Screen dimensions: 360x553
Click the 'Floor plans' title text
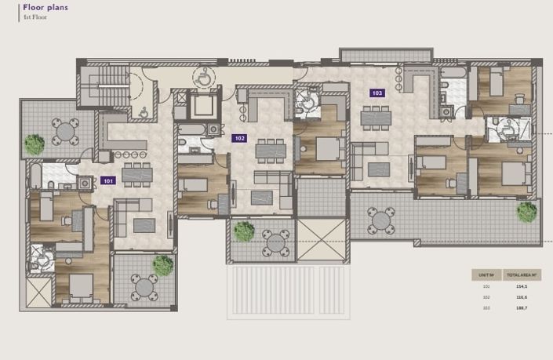[x=45, y=8]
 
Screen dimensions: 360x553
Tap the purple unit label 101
[x=108, y=180]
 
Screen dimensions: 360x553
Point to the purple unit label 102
[x=240, y=138]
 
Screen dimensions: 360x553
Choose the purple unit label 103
[x=377, y=93]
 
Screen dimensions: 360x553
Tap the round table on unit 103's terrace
[x=381, y=220]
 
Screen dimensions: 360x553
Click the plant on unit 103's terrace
[x=526, y=211]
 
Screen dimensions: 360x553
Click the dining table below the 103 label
[x=376, y=118]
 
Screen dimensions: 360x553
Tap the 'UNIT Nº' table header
[x=486, y=275]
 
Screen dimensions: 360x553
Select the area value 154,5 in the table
[x=520, y=287]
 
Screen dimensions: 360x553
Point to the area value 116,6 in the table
[x=520, y=298]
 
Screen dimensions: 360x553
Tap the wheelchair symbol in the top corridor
[x=203, y=76]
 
